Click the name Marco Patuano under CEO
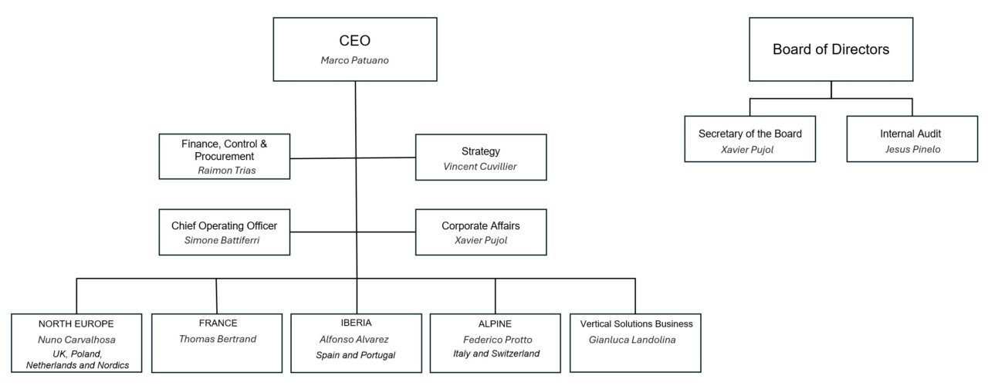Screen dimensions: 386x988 click(355, 59)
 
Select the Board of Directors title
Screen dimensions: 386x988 click(831, 49)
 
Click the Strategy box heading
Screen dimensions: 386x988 click(480, 151)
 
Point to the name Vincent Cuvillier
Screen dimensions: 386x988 click(480, 166)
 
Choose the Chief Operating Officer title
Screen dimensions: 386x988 click(224, 225)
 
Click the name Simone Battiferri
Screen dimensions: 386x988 click(224, 240)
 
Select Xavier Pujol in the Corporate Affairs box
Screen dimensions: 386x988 click(480, 240)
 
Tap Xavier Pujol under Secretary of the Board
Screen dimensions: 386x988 click(749, 148)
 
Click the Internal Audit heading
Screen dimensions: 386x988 click(911, 134)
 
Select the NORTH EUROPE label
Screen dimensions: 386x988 click(76, 323)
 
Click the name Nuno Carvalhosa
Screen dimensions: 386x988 click(76, 339)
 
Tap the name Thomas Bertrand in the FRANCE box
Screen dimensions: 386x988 click(216, 338)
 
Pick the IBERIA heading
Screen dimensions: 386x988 click(356, 323)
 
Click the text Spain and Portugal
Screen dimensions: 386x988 click(356, 354)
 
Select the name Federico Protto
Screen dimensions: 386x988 click(496, 339)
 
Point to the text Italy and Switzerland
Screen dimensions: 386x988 click(496, 354)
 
